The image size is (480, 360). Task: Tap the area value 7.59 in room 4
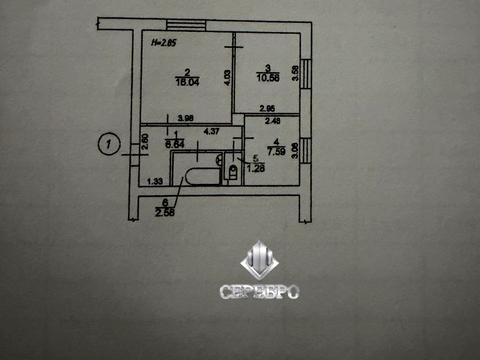tap(276, 152)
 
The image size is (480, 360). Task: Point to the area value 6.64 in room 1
tap(176, 143)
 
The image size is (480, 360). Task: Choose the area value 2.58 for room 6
tap(164, 211)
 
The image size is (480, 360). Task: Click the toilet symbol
tap(232, 172)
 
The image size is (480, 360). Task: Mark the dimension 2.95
tap(267, 108)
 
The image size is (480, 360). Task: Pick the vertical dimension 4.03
tap(228, 77)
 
